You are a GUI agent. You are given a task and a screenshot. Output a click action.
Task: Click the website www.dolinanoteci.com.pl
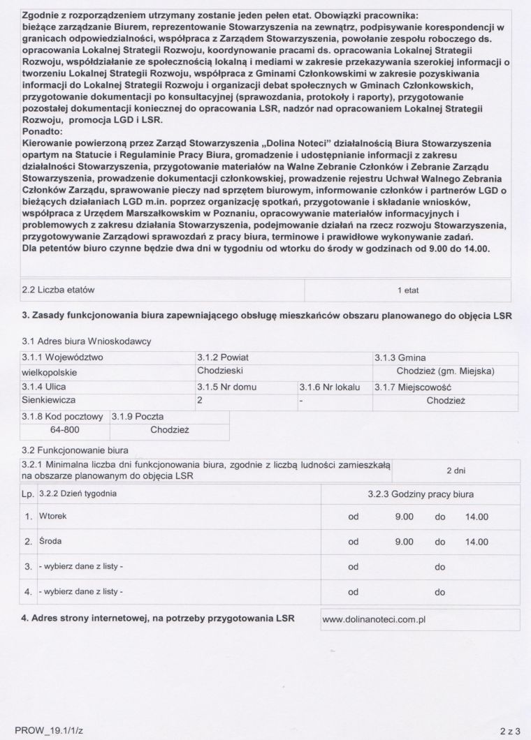374,619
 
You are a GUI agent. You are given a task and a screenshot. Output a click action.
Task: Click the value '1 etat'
408,290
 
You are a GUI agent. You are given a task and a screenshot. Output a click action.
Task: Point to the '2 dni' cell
456,471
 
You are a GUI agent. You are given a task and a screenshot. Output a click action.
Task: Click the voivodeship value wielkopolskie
50,371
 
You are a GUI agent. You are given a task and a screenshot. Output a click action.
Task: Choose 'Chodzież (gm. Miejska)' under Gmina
445,371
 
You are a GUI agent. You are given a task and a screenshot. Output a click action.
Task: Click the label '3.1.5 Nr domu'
227,386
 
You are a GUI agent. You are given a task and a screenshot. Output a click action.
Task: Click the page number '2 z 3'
510,731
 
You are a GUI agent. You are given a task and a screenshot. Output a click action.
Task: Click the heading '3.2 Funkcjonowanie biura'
75,450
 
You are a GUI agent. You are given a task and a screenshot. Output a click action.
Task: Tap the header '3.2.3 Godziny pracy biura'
421,494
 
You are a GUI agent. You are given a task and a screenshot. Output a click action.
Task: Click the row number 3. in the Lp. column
29,568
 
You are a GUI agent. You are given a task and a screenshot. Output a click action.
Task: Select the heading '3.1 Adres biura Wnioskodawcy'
87,341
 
